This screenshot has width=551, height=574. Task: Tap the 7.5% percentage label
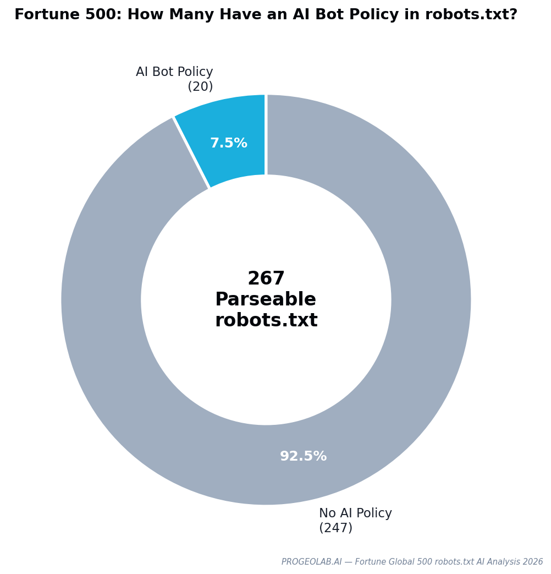(229, 144)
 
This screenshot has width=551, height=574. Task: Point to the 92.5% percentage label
(303, 457)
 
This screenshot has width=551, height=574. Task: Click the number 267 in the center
(266, 279)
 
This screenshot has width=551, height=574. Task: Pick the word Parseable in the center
(266, 300)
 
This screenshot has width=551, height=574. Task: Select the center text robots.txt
(266, 321)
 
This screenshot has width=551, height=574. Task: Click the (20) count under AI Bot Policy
(200, 87)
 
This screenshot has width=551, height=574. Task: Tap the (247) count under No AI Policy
(335, 528)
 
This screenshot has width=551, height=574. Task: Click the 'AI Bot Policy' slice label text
(174, 72)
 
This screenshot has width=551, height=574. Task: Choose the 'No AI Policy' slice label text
(355, 513)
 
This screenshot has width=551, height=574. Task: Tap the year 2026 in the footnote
(533, 562)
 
